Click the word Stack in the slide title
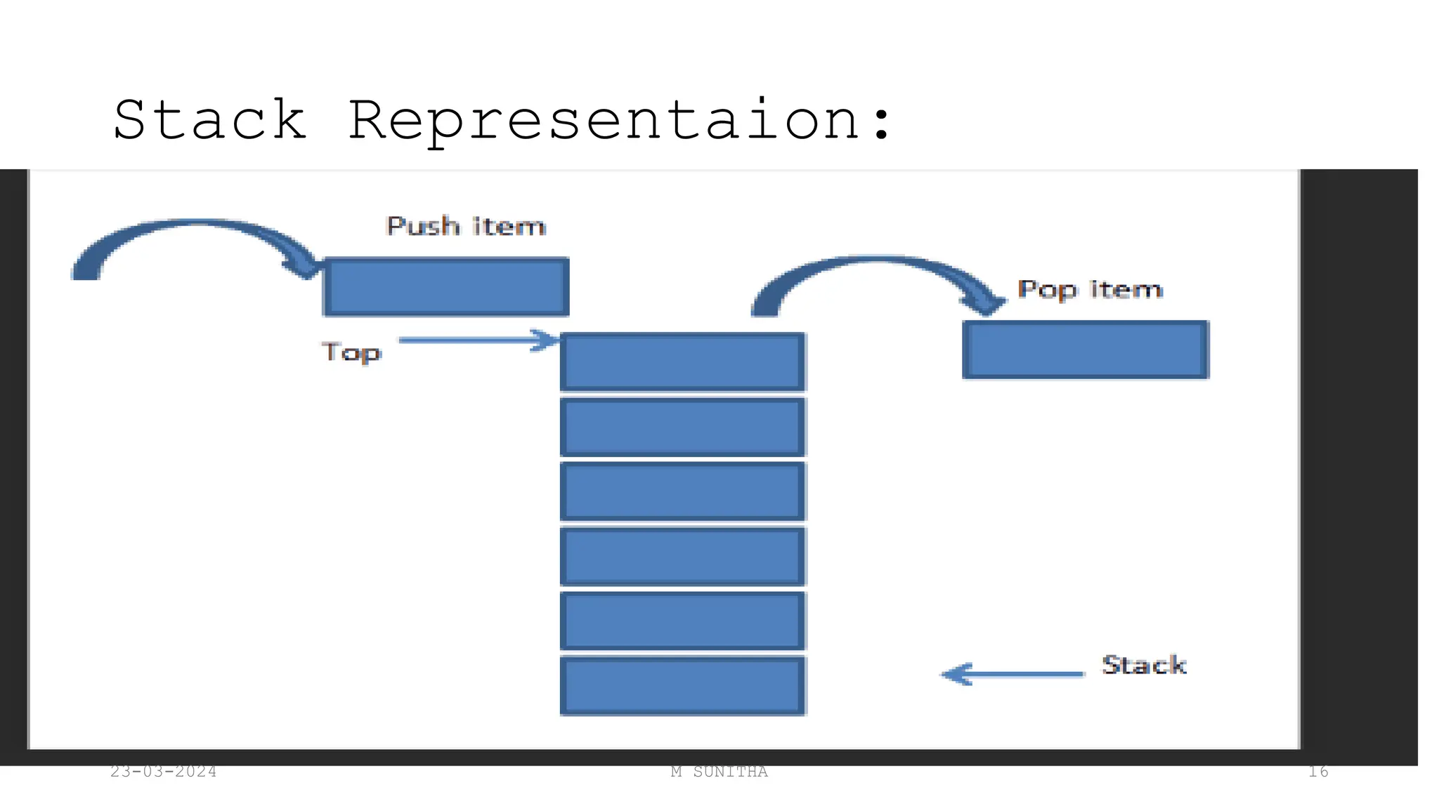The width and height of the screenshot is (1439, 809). pyautogui.click(x=209, y=121)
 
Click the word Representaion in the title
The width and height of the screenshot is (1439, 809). pyautogui.click(x=604, y=121)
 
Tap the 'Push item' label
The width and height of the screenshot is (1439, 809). pyautogui.click(x=466, y=226)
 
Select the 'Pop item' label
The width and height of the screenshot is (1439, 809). pyautogui.click(x=1090, y=289)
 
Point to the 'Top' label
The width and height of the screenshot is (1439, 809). pyautogui.click(x=351, y=352)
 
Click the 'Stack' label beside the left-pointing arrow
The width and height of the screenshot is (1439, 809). pyautogui.click(x=1144, y=664)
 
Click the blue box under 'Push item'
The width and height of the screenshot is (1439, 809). pyautogui.click(x=446, y=287)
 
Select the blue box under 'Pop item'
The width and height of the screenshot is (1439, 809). pyautogui.click(x=1086, y=350)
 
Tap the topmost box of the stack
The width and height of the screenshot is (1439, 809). pyautogui.click(x=683, y=362)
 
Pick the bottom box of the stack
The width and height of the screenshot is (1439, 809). pyautogui.click(x=683, y=685)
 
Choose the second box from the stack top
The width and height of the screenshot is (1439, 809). pyautogui.click(x=683, y=426)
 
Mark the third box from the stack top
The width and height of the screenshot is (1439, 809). pyautogui.click(x=683, y=491)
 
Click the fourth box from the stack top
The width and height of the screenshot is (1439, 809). pyautogui.click(x=683, y=555)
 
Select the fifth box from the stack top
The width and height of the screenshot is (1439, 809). pyautogui.click(x=683, y=621)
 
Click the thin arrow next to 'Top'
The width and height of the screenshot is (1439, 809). pyautogui.click(x=478, y=341)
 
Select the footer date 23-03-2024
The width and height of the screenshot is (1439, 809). pyautogui.click(x=163, y=772)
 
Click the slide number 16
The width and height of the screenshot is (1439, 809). pyautogui.click(x=1318, y=772)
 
